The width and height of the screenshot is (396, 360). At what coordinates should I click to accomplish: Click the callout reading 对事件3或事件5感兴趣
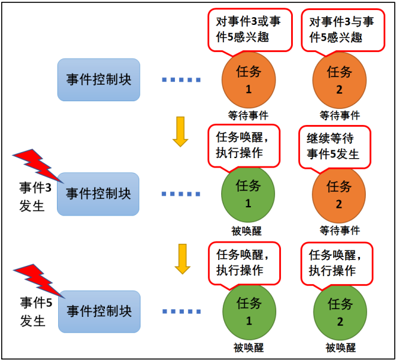[251, 30]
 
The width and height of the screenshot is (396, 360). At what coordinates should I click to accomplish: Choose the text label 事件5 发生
[32, 313]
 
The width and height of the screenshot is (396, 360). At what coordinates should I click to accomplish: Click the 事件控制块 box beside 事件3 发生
[98, 194]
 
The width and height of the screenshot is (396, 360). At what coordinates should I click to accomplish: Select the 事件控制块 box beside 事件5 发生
[99, 311]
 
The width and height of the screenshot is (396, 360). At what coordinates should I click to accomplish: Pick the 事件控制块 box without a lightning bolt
[98, 80]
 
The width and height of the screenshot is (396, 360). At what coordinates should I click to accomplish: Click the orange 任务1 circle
[248, 79]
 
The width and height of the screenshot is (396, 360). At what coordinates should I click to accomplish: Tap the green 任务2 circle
[340, 311]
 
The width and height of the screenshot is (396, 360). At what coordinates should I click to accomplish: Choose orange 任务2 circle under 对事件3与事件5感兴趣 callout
[340, 79]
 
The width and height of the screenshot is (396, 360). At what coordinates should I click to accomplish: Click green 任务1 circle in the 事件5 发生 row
[248, 311]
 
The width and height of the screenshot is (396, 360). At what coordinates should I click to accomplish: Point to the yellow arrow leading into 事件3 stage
[180, 131]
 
